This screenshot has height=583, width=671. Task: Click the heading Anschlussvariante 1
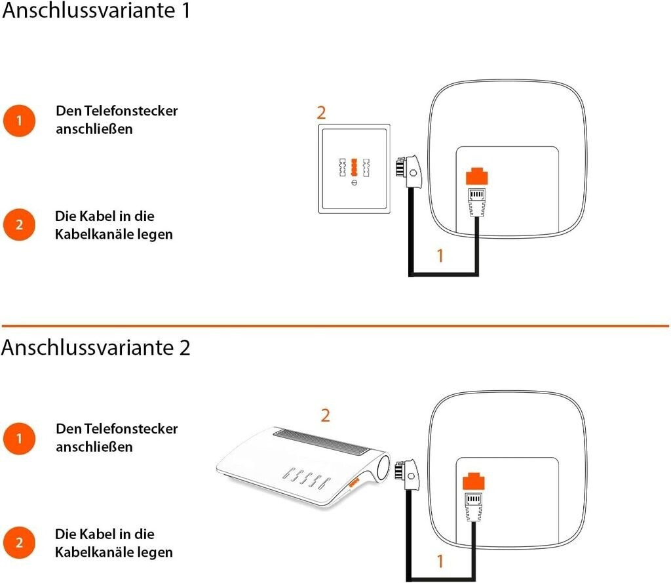click(x=96, y=10)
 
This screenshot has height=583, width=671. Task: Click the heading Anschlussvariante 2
click(x=96, y=348)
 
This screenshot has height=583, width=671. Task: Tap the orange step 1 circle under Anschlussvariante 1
click(x=19, y=121)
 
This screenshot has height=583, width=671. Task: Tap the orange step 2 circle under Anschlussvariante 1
click(x=19, y=225)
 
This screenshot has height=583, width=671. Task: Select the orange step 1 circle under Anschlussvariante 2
click(x=19, y=439)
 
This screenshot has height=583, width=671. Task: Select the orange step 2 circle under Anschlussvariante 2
click(x=19, y=543)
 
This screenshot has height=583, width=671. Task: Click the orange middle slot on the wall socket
click(x=354, y=167)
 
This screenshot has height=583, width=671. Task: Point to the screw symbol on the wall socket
click(x=354, y=183)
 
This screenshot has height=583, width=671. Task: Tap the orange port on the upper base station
click(x=477, y=176)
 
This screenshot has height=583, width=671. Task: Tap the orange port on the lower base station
click(x=473, y=481)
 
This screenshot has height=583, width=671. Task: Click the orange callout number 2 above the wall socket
click(x=321, y=113)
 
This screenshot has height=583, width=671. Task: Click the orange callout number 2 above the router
click(x=325, y=416)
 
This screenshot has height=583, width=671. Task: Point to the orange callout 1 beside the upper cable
click(x=440, y=256)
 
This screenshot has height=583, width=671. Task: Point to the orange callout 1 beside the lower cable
click(x=440, y=561)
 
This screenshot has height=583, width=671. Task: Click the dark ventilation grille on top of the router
click(x=321, y=441)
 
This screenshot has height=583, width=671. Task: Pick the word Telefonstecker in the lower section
click(x=130, y=429)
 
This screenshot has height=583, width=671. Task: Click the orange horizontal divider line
click(x=335, y=327)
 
